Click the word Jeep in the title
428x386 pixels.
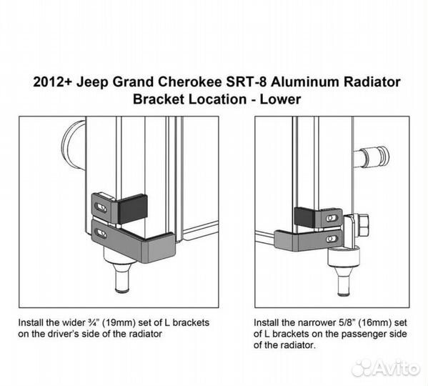coord(93,82)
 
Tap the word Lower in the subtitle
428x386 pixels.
coord(280,99)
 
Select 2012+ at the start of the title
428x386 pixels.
coord(53,82)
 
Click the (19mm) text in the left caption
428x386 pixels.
coord(119,322)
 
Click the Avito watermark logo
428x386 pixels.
coord(385,368)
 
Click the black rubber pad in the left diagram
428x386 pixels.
coord(133,208)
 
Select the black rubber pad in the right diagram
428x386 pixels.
coord(304,217)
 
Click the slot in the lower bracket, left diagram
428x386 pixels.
coord(100,234)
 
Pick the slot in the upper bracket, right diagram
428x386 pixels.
coord(332,218)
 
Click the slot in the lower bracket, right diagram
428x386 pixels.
coord(332,239)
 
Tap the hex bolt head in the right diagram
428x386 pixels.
coord(362,225)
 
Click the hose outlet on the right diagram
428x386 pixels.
coord(372,157)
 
